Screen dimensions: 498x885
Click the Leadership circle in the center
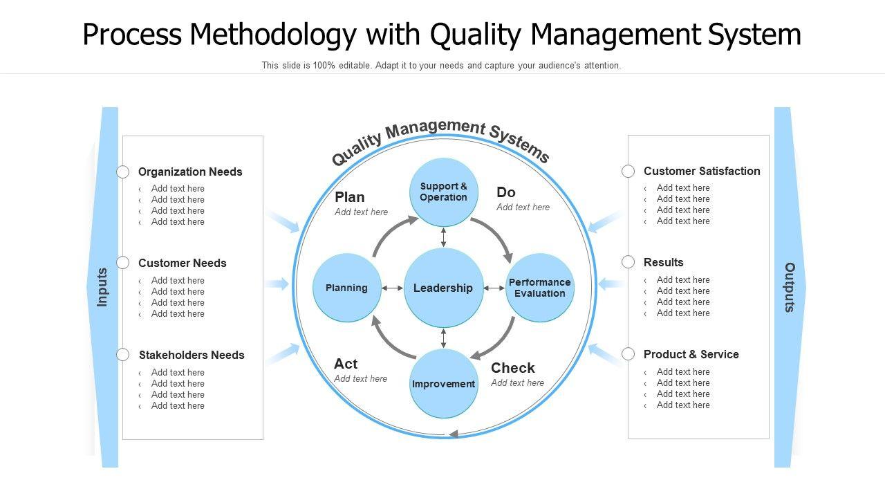tap(443, 288)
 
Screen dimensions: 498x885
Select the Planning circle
tap(346, 288)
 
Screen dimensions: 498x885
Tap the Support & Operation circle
tap(443, 192)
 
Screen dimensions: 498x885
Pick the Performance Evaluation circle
tap(540, 288)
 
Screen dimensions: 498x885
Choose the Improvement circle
tap(443, 384)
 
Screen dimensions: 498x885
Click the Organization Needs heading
tap(190, 172)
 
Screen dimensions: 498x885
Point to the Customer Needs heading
tap(182, 263)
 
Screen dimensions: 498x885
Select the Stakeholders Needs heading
tap(192, 355)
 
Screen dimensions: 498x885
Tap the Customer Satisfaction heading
tap(702, 171)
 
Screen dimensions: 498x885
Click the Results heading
tap(663, 262)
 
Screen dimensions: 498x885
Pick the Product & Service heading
tap(691, 354)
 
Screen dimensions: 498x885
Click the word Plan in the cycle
tap(349, 197)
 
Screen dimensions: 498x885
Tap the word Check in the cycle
tap(512, 368)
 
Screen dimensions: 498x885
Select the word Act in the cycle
tap(346, 364)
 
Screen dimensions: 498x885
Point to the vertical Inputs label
tap(102, 287)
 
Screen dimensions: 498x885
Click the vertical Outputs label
tap(789, 287)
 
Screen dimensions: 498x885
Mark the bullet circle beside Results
tap(628, 262)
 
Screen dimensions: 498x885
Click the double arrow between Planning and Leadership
tap(393, 288)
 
